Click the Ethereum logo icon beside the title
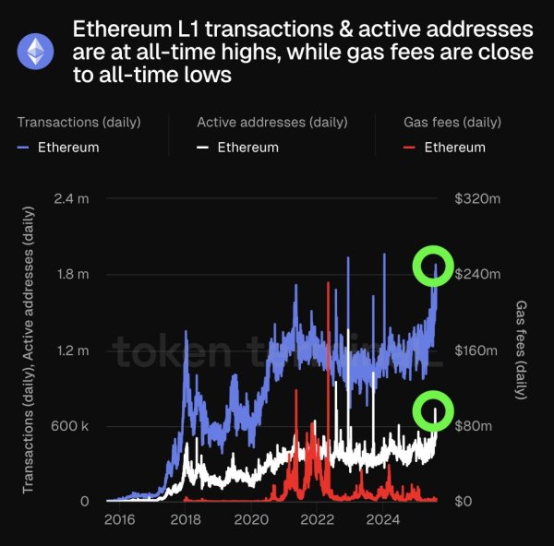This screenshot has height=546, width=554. [x=36, y=53]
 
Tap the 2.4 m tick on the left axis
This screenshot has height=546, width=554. [x=70, y=199]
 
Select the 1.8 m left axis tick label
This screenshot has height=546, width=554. [x=70, y=275]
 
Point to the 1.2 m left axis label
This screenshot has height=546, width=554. [x=70, y=350]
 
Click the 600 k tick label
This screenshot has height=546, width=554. [x=68, y=426]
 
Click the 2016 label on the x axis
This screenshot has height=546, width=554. [x=119, y=520]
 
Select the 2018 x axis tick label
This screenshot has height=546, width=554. [x=186, y=520]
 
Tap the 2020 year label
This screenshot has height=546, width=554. [x=251, y=520]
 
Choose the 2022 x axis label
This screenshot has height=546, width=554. [x=317, y=520]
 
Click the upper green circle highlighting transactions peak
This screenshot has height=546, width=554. [x=434, y=266]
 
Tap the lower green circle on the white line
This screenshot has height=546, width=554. [x=434, y=410]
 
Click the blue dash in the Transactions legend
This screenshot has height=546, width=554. [x=23, y=148]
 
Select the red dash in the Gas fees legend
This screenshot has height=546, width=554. [x=410, y=148]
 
